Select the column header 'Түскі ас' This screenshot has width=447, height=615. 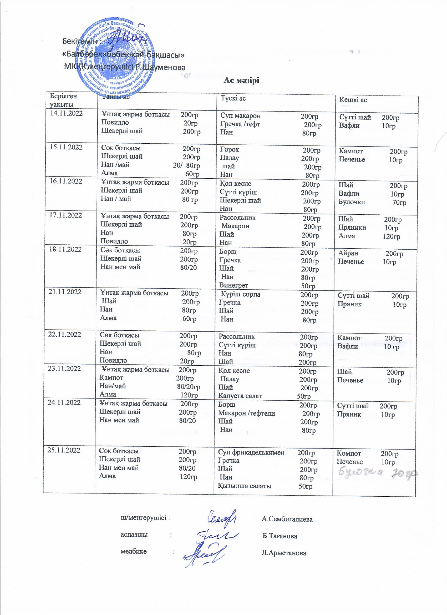(x=233, y=98)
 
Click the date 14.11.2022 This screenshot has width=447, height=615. (x=67, y=113)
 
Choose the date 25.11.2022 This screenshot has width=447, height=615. (x=64, y=450)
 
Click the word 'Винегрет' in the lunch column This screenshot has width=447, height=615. (x=234, y=285)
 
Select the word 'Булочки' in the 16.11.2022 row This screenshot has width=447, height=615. (x=352, y=202)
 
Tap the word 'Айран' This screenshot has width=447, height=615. (x=348, y=253)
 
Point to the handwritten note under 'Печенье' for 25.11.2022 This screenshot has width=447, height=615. (x=377, y=474)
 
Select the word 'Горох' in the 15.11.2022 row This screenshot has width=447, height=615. (x=230, y=149)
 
